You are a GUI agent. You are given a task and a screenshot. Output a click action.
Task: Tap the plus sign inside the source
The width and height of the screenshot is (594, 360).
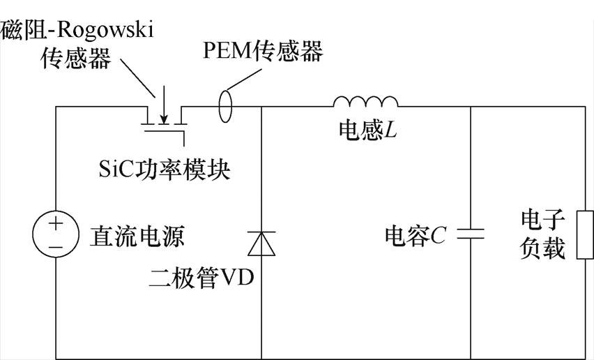click(x=56, y=225)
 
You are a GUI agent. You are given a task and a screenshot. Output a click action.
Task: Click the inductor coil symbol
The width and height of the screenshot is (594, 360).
click(x=365, y=103)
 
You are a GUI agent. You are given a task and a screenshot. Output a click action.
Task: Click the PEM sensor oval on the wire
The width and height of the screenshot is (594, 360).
click(x=225, y=107)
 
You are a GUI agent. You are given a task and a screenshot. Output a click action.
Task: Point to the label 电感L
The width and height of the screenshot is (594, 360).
click(x=367, y=130)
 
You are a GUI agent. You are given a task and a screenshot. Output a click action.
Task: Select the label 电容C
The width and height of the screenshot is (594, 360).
click(x=415, y=236)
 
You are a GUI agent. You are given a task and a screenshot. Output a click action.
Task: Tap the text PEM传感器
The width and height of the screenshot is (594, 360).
click(x=263, y=51)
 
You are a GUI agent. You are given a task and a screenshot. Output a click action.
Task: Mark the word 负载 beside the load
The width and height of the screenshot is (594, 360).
click(x=542, y=249)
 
